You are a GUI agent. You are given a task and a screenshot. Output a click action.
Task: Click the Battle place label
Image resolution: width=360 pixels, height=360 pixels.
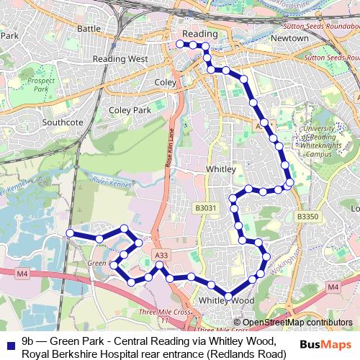89,28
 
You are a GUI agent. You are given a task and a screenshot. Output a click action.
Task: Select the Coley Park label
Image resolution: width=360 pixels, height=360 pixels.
130,110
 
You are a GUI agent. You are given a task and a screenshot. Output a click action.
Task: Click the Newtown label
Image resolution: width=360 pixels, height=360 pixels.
290,37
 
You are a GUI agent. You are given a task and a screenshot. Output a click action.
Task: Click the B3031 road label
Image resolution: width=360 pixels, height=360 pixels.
204,208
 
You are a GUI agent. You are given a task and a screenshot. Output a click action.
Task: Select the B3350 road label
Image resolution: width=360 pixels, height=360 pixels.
307,216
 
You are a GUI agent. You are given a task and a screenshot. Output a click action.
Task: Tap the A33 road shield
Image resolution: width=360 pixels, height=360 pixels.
161,255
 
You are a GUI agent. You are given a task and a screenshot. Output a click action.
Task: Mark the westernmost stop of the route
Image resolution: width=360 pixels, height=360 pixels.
70,233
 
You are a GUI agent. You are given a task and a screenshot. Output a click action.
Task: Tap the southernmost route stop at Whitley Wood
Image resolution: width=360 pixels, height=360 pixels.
228,296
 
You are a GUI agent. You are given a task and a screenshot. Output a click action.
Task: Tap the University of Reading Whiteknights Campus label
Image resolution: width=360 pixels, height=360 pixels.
318,140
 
